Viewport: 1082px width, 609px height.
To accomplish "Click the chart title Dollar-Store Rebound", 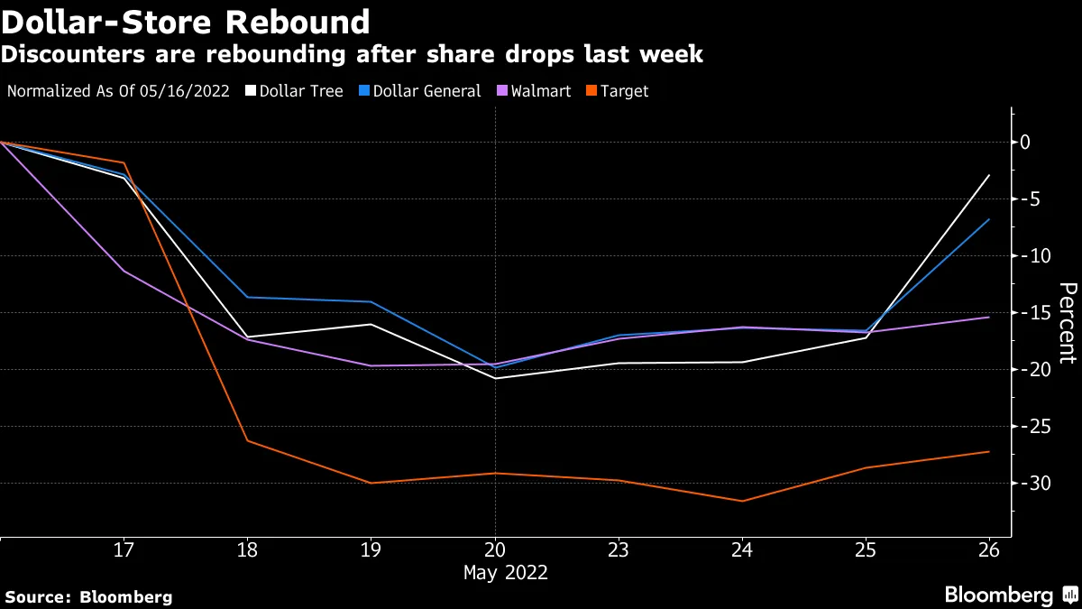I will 186,22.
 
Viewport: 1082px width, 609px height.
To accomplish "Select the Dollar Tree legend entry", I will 295,91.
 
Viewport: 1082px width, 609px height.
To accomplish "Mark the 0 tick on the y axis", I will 1024,143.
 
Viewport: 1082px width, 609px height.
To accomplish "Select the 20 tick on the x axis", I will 494,549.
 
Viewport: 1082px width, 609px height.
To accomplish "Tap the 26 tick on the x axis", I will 989,549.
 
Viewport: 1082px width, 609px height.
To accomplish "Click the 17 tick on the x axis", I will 124,549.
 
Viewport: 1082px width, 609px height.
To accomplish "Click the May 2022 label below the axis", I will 505,573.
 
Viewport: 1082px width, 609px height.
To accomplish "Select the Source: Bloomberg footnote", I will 88,596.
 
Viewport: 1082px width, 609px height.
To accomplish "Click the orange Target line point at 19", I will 371,483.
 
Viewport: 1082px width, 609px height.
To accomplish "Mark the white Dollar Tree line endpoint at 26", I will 989,175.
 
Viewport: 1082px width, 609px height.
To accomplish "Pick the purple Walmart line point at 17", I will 124,271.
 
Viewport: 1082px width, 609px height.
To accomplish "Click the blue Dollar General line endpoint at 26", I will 989,219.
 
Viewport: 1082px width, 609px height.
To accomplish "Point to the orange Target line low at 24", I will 741,501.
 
